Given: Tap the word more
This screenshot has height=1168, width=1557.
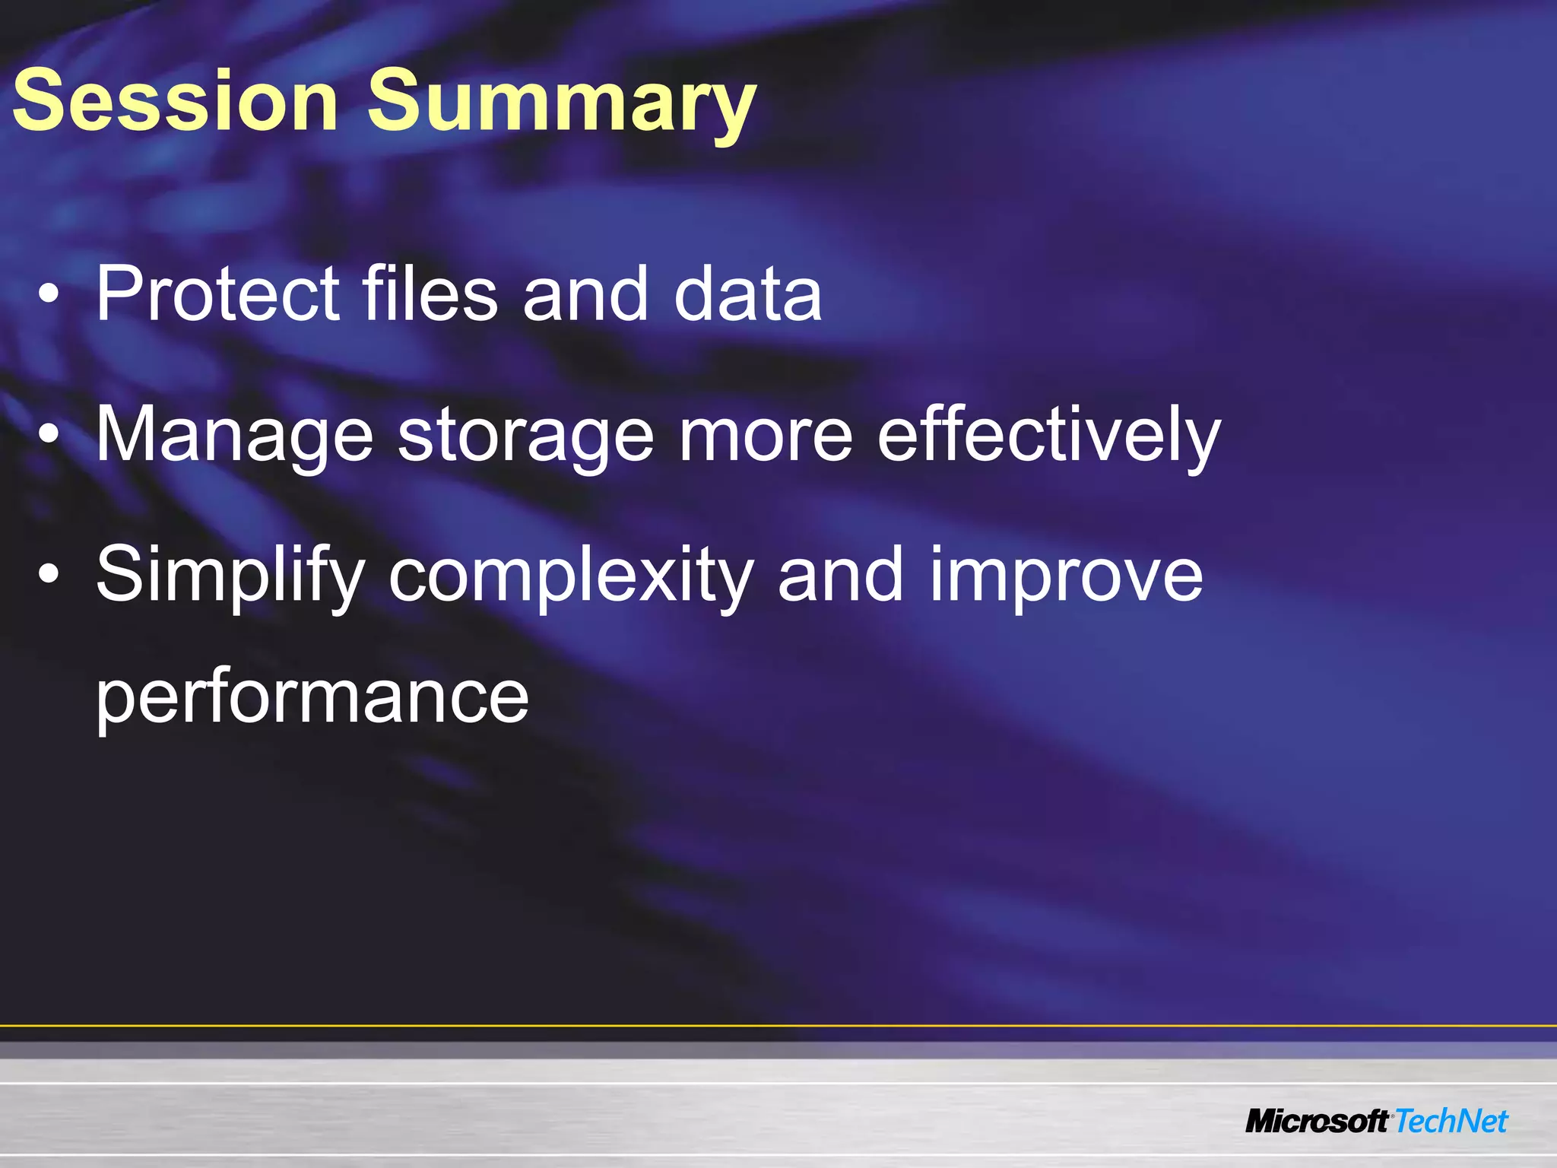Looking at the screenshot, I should (x=766, y=435).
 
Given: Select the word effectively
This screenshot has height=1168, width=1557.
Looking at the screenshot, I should (x=1049, y=435).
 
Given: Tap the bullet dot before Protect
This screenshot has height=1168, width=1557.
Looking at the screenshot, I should (x=49, y=295).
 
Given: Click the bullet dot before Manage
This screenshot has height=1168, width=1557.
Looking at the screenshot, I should (x=49, y=436).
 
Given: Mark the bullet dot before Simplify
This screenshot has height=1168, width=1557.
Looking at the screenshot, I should (x=49, y=576).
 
